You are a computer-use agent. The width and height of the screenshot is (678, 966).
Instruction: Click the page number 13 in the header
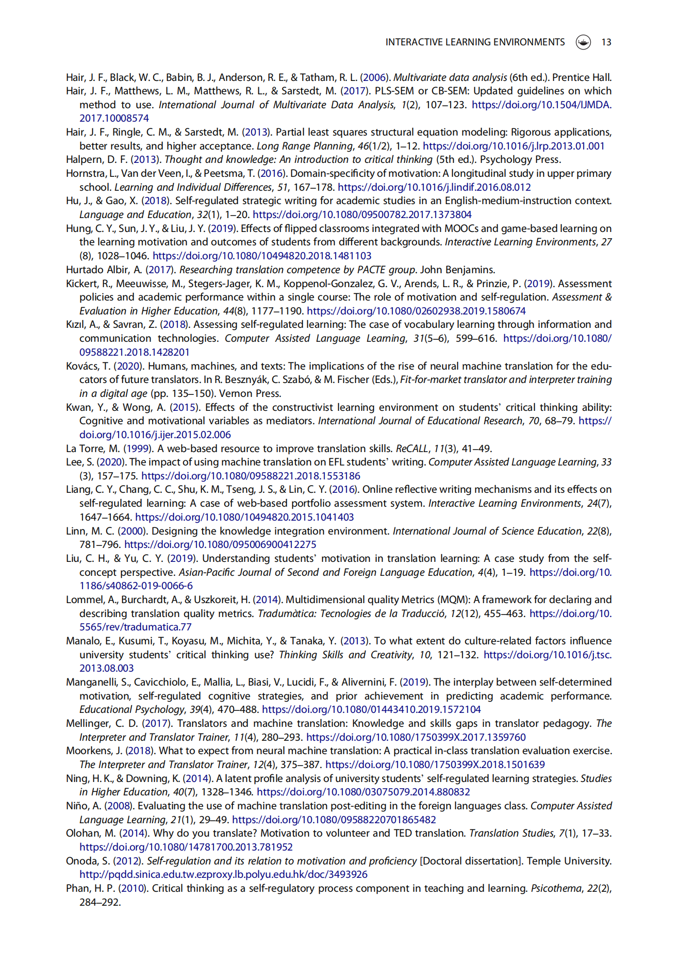click(x=606, y=42)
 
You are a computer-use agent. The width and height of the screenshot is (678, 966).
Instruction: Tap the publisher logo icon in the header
click(x=583, y=42)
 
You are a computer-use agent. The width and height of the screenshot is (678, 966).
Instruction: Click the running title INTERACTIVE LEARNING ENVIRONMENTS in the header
click(x=475, y=42)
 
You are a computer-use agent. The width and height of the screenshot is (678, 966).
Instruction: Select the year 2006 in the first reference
click(x=374, y=77)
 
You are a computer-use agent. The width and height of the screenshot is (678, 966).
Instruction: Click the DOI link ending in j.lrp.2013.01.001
click(x=514, y=146)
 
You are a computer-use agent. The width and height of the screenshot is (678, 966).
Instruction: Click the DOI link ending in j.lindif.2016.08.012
click(x=434, y=187)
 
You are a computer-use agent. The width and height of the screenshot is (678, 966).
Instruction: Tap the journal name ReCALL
click(x=412, y=448)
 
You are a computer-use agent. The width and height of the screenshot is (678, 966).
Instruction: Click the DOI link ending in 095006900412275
click(x=220, y=544)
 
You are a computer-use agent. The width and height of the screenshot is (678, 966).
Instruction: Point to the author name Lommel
click(x=85, y=599)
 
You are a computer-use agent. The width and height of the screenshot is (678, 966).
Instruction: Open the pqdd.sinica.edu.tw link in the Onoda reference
click(x=223, y=874)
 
